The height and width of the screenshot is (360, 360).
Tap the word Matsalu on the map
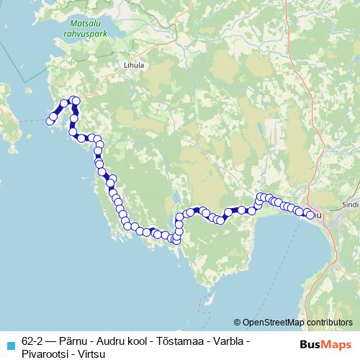[x=84, y=21]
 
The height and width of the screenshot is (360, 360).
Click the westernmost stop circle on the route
[x=50, y=121]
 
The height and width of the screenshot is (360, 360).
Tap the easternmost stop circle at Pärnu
[x=311, y=215]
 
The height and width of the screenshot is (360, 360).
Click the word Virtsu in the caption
[x=91, y=352]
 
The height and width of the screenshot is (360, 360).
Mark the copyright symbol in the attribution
[x=238, y=323]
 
